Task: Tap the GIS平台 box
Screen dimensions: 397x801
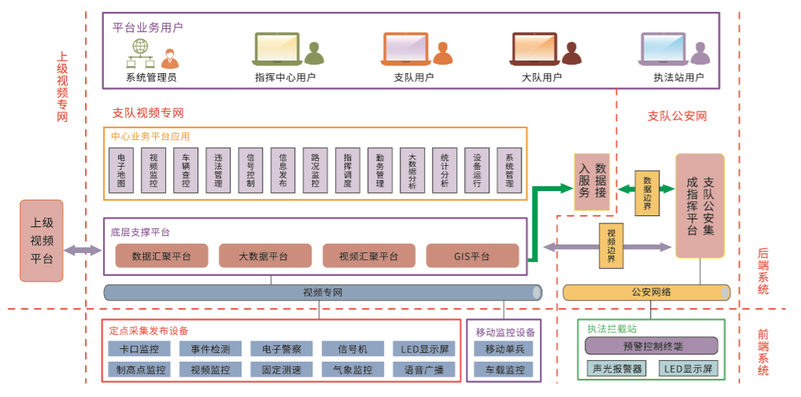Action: [472, 255]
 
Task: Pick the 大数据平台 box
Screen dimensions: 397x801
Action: [265, 255]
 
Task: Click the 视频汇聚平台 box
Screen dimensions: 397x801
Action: [368, 255]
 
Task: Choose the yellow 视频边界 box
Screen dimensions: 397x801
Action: [611, 246]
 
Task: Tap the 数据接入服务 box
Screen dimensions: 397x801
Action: [594, 181]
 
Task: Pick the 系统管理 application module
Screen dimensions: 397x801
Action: [509, 171]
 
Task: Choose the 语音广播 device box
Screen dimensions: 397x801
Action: [424, 369]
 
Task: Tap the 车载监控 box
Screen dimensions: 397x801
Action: [504, 369]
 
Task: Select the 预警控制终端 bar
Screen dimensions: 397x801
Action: [652, 345]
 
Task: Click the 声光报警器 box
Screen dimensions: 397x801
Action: [615, 368]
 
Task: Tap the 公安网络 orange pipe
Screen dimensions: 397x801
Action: [647, 292]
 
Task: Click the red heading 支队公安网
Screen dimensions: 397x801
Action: [677, 116]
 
